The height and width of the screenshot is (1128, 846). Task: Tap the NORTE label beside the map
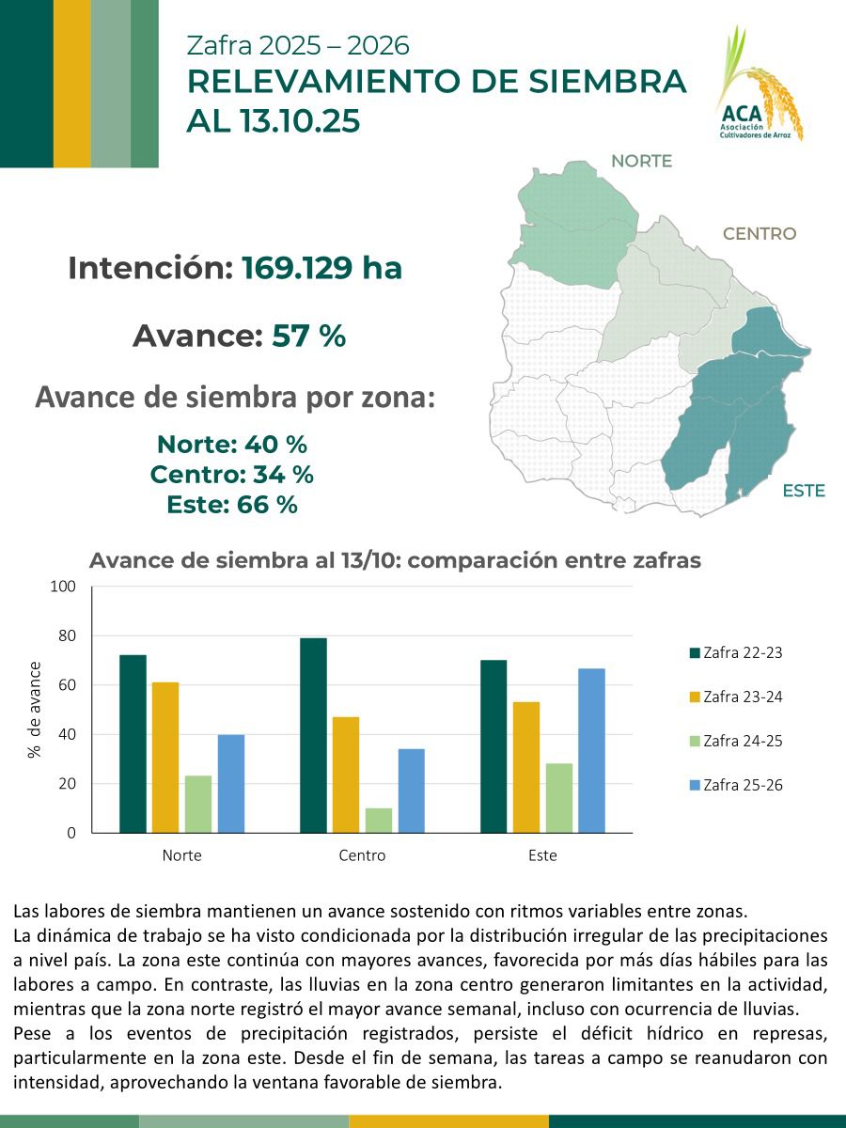[641, 161]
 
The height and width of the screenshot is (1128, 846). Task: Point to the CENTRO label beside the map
[759, 234]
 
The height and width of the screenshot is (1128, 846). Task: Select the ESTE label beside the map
[803, 491]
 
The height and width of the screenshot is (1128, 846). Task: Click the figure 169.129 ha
[321, 269]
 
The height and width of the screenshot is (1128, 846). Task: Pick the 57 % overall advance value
[309, 336]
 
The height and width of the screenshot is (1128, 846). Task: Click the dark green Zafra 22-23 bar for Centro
[313, 735]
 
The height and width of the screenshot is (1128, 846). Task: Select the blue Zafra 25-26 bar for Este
[591, 750]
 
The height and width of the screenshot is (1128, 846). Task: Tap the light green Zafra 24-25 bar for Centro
[379, 820]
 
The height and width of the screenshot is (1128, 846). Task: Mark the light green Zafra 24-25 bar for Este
[558, 797]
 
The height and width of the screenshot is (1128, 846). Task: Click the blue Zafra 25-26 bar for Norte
[230, 783]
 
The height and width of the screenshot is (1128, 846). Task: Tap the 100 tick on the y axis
[61, 587]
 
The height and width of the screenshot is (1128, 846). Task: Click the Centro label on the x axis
[362, 856]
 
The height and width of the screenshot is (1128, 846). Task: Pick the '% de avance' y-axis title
[35, 710]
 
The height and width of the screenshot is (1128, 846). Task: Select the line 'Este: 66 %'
[231, 505]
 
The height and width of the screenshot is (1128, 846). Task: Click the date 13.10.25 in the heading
[299, 122]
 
